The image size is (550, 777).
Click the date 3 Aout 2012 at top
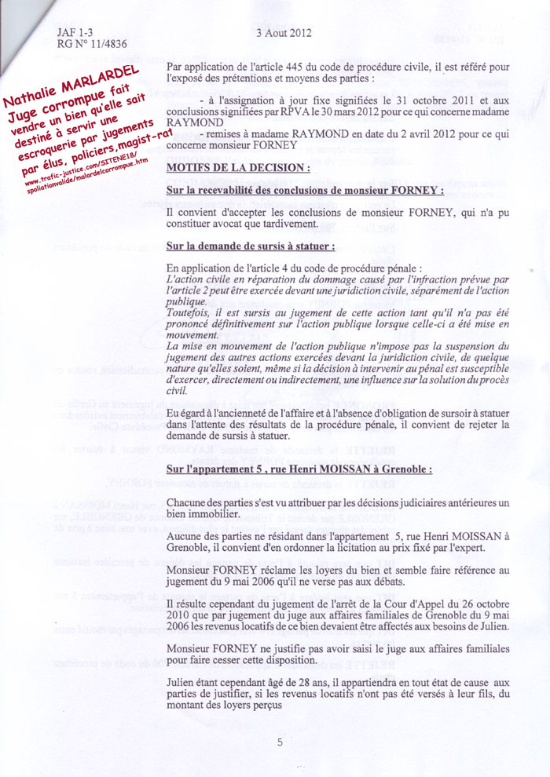(284, 33)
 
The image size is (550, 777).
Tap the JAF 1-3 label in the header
(75, 33)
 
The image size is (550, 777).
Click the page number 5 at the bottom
(280, 742)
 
